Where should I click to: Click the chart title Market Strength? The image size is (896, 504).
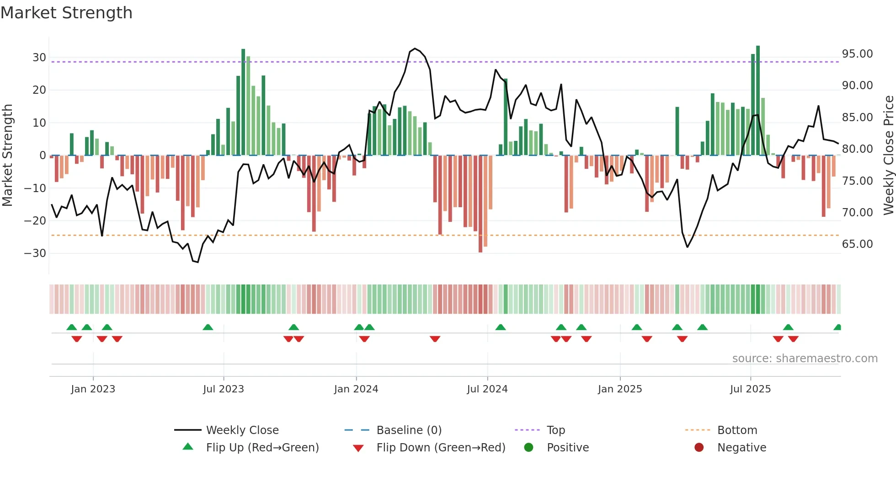click(66, 13)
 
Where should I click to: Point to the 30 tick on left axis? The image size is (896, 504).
click(39, 58)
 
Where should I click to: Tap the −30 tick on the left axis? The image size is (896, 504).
click(35, 253)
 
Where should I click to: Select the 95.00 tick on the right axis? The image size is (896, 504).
click(857, 54)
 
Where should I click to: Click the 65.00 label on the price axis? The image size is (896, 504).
click(857, 244)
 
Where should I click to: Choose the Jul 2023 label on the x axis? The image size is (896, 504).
click(224, 389)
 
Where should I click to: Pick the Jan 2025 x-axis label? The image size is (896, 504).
click(619, 389)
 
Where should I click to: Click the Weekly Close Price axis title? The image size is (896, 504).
click(888, 155)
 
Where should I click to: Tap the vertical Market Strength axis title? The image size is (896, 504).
click(7, 155)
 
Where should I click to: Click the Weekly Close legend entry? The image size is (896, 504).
click(242, 430)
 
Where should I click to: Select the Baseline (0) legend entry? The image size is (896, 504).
click(409, 430)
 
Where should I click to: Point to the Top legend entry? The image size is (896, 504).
click(555, 430)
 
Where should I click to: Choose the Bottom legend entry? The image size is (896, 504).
click(737, 430)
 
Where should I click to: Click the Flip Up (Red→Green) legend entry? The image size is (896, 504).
click(262, 448)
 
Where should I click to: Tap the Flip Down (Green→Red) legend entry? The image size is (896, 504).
click(441, 448)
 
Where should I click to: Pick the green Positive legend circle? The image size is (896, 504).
click(528, 448)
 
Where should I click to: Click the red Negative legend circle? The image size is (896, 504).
click(699, 448)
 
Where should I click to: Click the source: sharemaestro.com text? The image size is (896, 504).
click(805, 359)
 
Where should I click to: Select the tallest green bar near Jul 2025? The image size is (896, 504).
click(758, 101)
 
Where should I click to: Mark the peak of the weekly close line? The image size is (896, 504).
click(415, 48)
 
